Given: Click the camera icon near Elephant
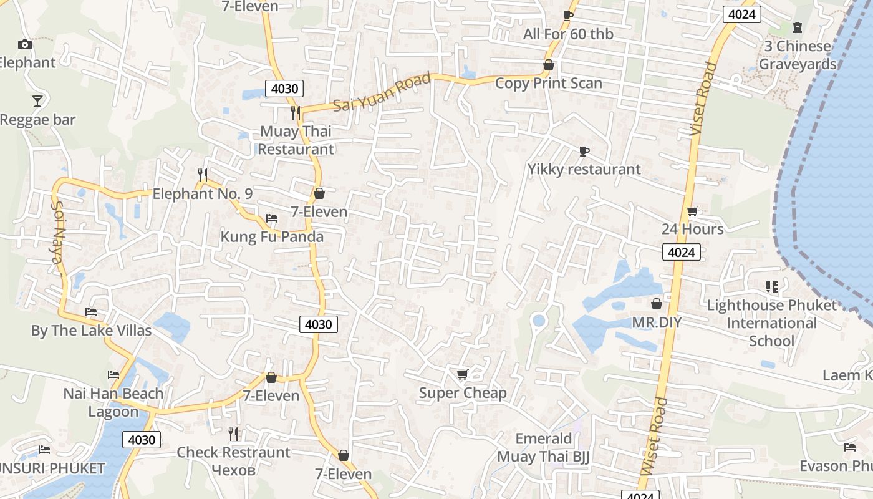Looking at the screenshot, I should point(25,44).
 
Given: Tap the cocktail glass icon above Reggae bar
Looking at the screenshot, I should point(37,100).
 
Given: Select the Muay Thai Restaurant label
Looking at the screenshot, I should point(296,140).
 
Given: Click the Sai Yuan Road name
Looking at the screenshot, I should point(382,92).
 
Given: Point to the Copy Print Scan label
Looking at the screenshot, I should point(548,83).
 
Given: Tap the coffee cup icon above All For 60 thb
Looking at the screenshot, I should point(567,16).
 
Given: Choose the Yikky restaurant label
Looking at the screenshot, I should point(584,169).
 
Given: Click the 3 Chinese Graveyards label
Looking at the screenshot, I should point(798,55).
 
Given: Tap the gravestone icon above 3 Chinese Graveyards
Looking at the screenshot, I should point(797,27).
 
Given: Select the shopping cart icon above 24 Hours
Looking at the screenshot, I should point(692,211).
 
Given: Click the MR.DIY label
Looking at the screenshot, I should point(657,322).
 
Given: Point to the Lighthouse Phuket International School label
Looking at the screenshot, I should point(771,323).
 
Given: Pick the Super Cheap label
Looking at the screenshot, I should point(462,393).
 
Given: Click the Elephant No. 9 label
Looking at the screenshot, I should point(203,194).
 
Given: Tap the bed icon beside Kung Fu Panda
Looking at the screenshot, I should point(271,218).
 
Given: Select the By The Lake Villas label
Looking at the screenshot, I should point(91,331).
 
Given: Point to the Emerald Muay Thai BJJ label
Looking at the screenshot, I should point(543,448).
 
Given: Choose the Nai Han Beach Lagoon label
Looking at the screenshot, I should point(113,402).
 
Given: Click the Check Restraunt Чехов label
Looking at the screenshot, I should point(233,460).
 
